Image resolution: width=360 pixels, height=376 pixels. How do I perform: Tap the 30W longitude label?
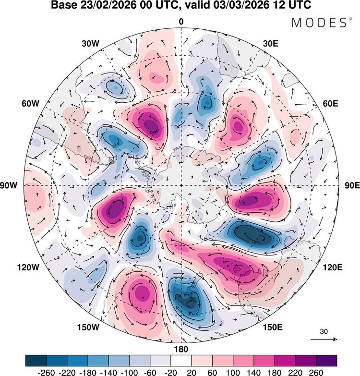tap(90, 43)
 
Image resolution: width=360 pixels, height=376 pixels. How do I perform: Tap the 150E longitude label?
tap(272, 327)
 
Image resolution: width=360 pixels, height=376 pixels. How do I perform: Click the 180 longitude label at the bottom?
tap(181, 349)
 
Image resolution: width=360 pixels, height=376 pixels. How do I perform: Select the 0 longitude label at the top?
tap(181, 22)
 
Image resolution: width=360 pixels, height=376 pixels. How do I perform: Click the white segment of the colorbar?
tap(181, 360)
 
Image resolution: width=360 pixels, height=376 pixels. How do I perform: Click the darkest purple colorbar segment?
tap(326, 360)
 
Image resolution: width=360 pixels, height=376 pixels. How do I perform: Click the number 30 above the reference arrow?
tap(324, 331)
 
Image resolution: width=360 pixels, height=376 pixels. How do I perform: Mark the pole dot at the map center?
tap(181, 185)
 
